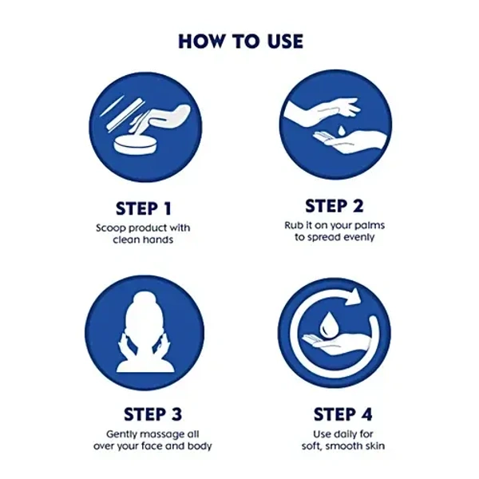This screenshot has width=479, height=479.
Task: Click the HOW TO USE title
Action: point(241,42)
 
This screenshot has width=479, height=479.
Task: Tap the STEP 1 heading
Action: point(144,209)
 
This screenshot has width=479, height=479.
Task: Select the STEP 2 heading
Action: point(335,206)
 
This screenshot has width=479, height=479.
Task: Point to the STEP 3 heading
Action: point(152,414)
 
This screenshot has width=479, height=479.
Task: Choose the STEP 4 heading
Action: point(342,414)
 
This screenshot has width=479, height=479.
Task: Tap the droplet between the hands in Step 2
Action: point(341,130)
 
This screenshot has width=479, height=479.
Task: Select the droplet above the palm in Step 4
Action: point(327,325)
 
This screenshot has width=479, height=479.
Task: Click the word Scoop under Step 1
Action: point(109,228)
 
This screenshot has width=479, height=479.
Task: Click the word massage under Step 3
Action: point(160,435)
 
